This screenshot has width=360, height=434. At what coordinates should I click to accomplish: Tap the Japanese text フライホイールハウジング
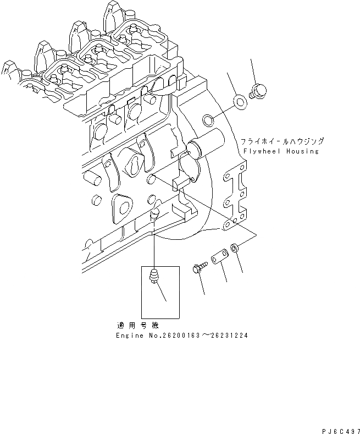(x=282, y=141)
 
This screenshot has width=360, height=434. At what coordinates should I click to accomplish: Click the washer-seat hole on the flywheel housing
(x=209, y=119)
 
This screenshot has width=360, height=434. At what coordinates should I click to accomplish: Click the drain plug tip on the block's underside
(x=156, y=213)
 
